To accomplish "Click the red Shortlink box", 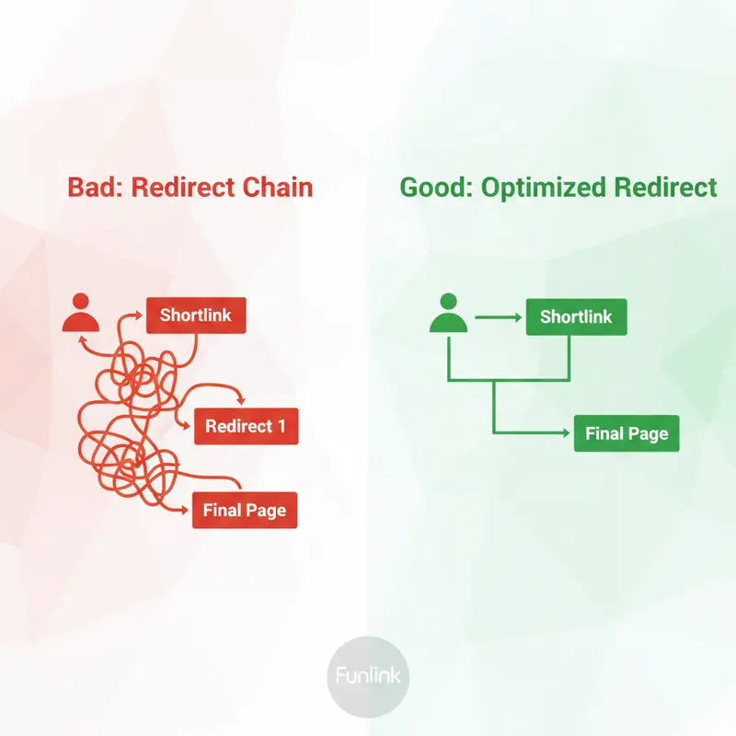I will (196, 316).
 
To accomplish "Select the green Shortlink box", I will (576, 317).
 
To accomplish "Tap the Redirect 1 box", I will (246, 426).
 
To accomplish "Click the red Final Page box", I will (246, 511).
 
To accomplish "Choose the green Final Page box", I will (627, 434).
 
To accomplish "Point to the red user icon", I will (80, 313).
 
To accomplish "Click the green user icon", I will (448, 313).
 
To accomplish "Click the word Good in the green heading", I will (432, 188).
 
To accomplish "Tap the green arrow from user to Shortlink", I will (497, 318).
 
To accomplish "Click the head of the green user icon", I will (448, 301).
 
